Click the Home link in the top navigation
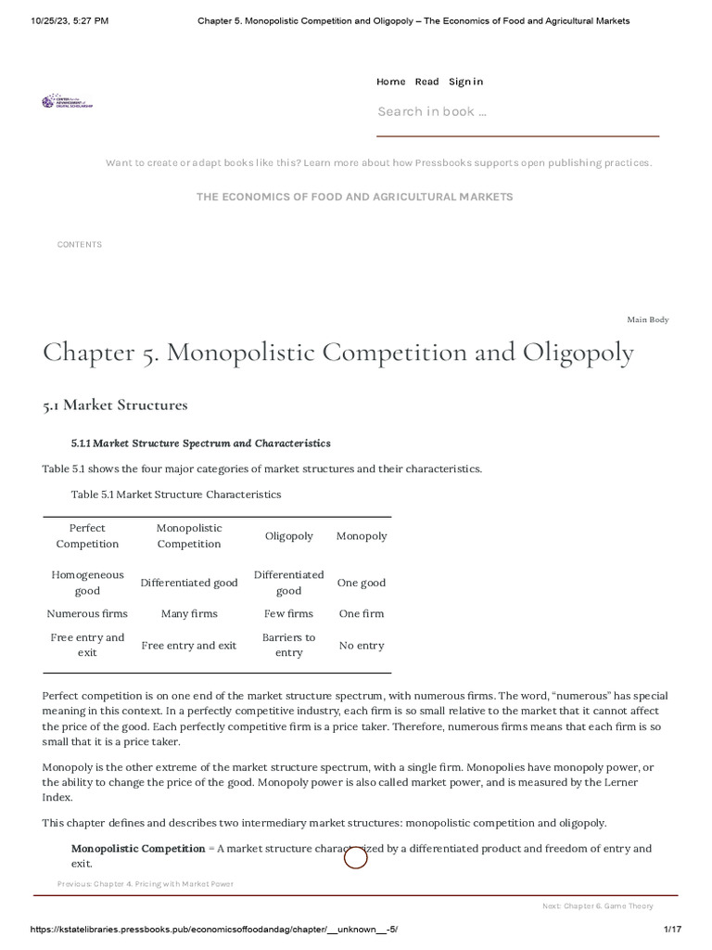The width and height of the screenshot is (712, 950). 390,82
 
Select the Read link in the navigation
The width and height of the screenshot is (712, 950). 426,82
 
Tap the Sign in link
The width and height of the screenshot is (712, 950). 465,82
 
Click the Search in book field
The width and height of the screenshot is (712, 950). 517,112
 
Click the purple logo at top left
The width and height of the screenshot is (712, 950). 67,102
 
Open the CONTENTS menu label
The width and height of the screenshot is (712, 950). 80,245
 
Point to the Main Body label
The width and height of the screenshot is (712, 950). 647,320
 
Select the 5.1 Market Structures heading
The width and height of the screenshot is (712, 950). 115,405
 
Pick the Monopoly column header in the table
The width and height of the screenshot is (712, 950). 362,536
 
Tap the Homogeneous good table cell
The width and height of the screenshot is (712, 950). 87,583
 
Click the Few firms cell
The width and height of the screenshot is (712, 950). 288,613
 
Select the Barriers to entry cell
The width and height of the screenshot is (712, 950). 288,645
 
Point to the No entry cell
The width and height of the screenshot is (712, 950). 362,645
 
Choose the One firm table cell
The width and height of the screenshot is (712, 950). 362,613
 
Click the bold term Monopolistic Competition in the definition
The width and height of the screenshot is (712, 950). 138,848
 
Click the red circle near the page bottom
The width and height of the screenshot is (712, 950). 356,858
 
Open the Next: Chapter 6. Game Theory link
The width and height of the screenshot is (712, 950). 597,905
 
